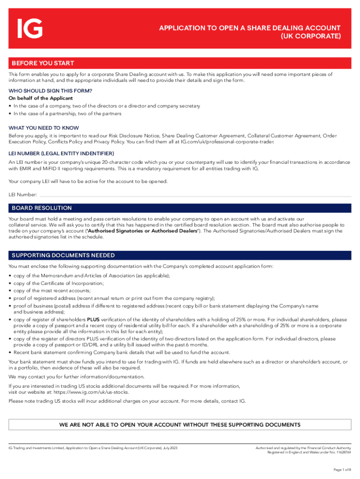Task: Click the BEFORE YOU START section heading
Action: point(43,63)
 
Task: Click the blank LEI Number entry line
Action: point(194,194)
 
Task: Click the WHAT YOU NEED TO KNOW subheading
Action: point(44,128)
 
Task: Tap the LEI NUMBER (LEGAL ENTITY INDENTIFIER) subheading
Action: point(61,153)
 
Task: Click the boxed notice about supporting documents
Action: point(180,425)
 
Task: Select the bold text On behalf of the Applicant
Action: point(41,98)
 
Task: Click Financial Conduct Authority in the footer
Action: point(327,448)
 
